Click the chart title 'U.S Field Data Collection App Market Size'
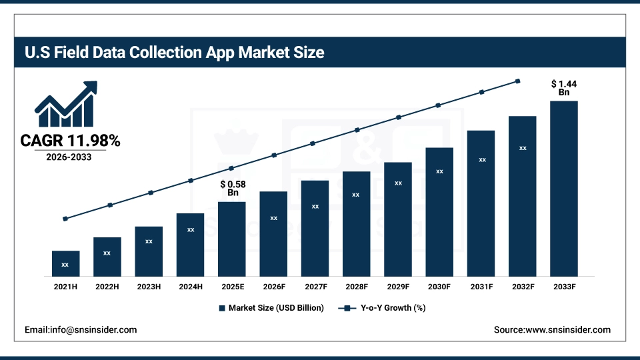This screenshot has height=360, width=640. [x=175, y=52]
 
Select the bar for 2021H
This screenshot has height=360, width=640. [x=65, y=263]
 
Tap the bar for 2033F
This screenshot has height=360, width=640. [x=563, y=189]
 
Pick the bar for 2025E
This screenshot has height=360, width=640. [x=231, y=239]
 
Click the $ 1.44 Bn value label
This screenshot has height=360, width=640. [x=563, y=88]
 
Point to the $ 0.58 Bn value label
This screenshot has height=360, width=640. [x=233, y=188]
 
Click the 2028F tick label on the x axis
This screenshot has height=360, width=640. [x=357, y=286]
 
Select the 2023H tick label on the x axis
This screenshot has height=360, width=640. [x=149, y=286]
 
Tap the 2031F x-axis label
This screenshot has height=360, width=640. [x=481, y=286]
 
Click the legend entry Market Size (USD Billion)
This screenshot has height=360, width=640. [x=271, y=308]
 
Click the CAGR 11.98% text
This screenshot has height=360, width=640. [x=70, y=141]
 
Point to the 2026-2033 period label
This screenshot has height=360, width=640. [x=69, y=158]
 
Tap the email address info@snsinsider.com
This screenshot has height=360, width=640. [x=81, y=330]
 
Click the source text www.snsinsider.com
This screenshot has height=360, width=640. [x=552, y=330]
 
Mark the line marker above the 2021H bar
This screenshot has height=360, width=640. [x=65, y=219]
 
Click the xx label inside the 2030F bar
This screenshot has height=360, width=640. [x=439, y=171]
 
